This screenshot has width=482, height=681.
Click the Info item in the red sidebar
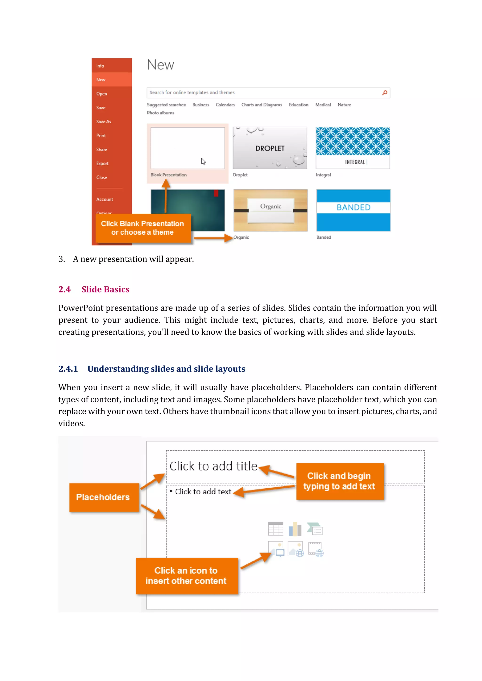[x=100, y=66]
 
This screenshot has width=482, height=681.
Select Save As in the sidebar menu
[x=104, y=122]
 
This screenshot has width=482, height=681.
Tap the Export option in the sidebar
[x=102, y=163]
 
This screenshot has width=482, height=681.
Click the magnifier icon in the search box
[x=385, y=93]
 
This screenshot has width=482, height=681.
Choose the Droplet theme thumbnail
[x=270, y=148]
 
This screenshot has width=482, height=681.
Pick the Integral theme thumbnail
[x=353, y=148]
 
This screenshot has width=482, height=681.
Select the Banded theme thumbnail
[x=353, y=210]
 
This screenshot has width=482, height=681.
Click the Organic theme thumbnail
[x=270, y=210]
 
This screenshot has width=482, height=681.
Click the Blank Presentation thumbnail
[x=188, y=148]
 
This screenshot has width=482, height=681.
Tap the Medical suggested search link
[x=323, y=105]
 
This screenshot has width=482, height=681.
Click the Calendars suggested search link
[x=225, y=105]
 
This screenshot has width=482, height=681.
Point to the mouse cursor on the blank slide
[x=203, y=162]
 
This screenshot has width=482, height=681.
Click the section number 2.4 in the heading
[x=64, y=289]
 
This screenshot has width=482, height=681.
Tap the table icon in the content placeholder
[x=275, y=529]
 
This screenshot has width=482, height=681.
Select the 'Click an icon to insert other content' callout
[x=187, y=576]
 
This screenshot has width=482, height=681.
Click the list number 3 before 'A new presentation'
[x=61, y=259]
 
